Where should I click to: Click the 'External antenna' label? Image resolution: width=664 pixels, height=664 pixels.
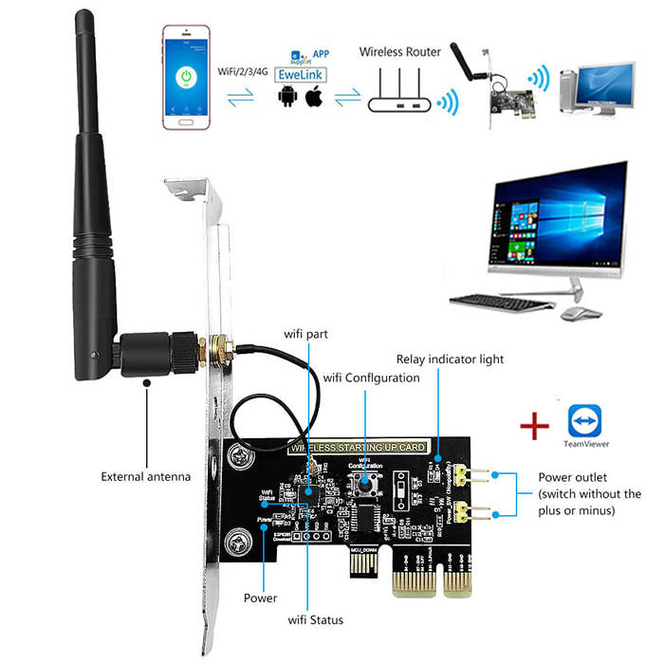click(x=146, y=476)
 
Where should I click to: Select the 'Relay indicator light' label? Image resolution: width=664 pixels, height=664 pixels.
click(x=450, y=360)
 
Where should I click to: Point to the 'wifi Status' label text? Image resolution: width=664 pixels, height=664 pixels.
click(x=316, y=619)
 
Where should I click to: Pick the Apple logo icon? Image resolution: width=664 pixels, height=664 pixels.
click(x=316, y=97)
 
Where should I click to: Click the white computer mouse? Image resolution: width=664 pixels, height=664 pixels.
click(x=574, y=312)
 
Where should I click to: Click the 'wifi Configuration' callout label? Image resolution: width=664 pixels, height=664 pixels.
click(x=371, y=378)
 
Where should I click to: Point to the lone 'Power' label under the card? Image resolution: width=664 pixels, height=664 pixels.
click(x=260, y=598)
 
